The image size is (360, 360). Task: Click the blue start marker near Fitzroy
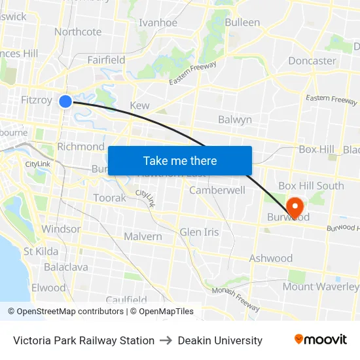coord(65,101)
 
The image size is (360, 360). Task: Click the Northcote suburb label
coord(78,31)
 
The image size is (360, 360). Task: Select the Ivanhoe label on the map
coord(158,22)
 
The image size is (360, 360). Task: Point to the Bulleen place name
coord(242,22)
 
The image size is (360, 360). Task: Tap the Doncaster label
coord(312,61)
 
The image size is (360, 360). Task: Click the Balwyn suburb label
coord(234,120)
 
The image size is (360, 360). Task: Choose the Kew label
coord(139,105)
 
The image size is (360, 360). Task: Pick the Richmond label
coord(81,147)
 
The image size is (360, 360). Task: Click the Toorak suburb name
coord(109,198)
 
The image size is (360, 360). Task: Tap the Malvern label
coord(143,236)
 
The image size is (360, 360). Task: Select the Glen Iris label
coord(199,232)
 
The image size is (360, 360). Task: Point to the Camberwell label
coord(217,190)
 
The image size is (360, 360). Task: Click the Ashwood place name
coord(271,258)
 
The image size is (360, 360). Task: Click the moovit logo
coord(321,340)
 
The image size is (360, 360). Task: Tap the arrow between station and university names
coord(166,340)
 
